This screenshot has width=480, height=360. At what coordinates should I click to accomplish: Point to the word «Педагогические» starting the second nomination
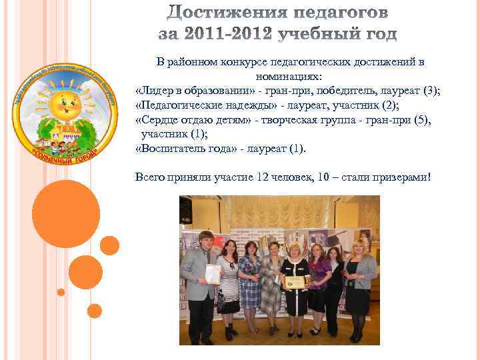point(177,105)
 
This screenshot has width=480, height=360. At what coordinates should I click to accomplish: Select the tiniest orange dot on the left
point(61,292)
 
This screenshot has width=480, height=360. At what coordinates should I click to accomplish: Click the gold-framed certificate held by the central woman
point(293,282)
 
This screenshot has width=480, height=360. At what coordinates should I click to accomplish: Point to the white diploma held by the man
point(213,273)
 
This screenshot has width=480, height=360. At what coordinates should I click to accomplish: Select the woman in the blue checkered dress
point(250,280)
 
